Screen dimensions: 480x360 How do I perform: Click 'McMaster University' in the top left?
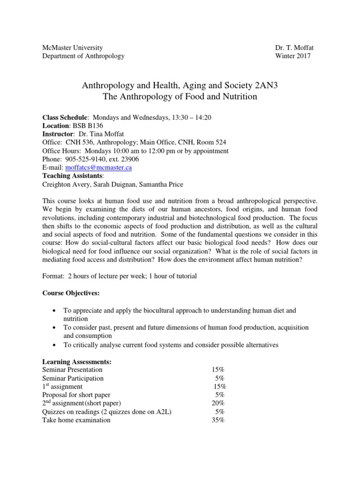click(x=73, y=48)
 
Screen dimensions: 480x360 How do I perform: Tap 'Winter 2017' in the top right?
click(x=293, y=56)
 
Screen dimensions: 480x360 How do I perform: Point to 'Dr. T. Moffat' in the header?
click(x=293, y=48)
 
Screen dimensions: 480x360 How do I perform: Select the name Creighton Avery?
click(x=64, y=184)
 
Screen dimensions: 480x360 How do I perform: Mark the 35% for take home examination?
click(x=218, y=420)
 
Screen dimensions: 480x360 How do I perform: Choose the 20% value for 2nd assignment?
click(x=218, y=403)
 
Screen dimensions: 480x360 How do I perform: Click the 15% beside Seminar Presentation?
click(x=218, y=370)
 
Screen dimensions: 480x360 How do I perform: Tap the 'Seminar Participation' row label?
click(x=73, y=378)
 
